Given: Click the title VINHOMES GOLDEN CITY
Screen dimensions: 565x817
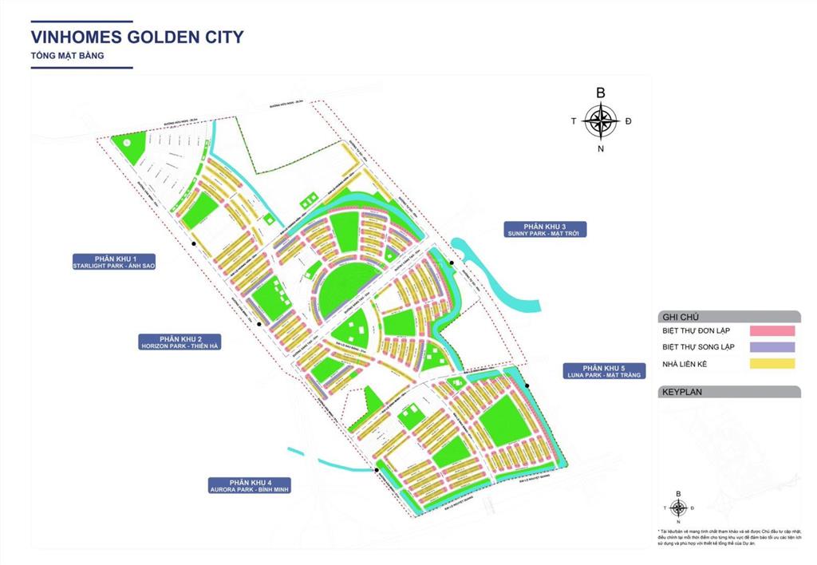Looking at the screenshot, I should pos(136,37).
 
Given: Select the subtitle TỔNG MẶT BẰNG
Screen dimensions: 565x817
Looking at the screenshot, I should pos(67,56).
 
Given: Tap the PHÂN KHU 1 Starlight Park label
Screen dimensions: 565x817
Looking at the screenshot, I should pos(113,262).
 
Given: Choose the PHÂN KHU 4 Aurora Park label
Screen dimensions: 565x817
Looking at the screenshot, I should pos(249,486).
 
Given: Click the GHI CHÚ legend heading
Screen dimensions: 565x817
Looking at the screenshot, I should pos(679,316).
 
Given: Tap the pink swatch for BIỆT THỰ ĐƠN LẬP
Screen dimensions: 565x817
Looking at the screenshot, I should pos(773,330).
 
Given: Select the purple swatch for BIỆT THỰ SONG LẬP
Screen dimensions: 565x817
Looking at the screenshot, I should pos(773,347).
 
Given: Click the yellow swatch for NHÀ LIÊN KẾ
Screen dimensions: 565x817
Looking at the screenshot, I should pos(773,364).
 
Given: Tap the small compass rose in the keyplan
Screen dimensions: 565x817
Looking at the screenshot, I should pos(678,508).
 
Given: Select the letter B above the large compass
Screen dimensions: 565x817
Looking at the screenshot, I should pos(601,93).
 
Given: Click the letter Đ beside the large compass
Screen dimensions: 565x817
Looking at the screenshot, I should pos(629,121).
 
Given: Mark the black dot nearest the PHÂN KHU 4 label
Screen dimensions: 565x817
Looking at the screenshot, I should pos(377,471).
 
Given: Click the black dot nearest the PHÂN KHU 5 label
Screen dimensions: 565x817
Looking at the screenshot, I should pos(527,386).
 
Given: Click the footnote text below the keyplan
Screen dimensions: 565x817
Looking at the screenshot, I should pos(724,539).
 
